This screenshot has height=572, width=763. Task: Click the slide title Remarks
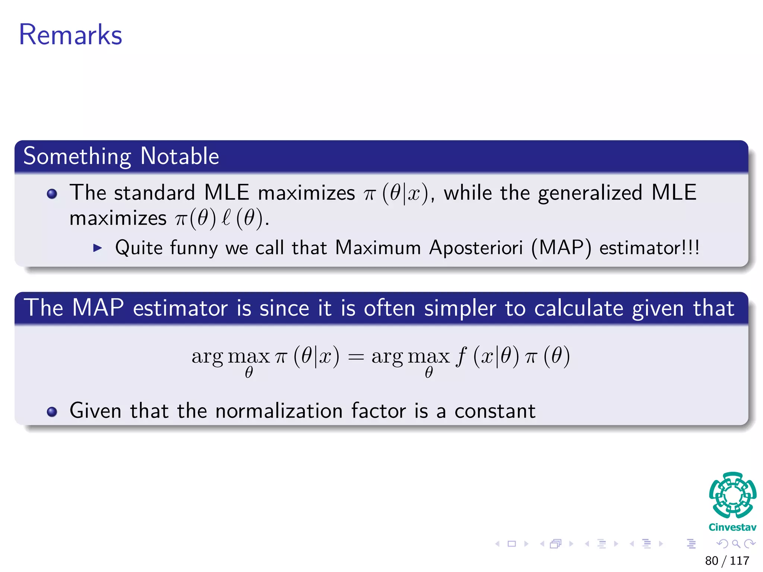[70, 35]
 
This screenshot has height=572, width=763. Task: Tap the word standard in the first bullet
[154, 193]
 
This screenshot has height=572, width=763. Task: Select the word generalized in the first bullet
[590, 193]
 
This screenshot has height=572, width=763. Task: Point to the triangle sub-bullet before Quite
[97, 248]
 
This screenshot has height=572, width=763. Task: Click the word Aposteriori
[476, 248]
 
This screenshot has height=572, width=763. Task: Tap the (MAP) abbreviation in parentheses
[561, 248]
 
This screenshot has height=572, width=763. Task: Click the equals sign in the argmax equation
[355, 357]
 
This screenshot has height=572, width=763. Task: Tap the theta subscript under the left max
[249, 372]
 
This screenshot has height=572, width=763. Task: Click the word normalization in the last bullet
[279, 411]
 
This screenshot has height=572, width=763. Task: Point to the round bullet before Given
[52, 411]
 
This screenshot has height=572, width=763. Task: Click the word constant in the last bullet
[495, 411]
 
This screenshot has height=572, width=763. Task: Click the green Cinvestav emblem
[732, 495]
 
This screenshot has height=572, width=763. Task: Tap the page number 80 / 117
[727, 560]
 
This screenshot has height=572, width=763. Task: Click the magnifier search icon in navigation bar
[736, 544]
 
